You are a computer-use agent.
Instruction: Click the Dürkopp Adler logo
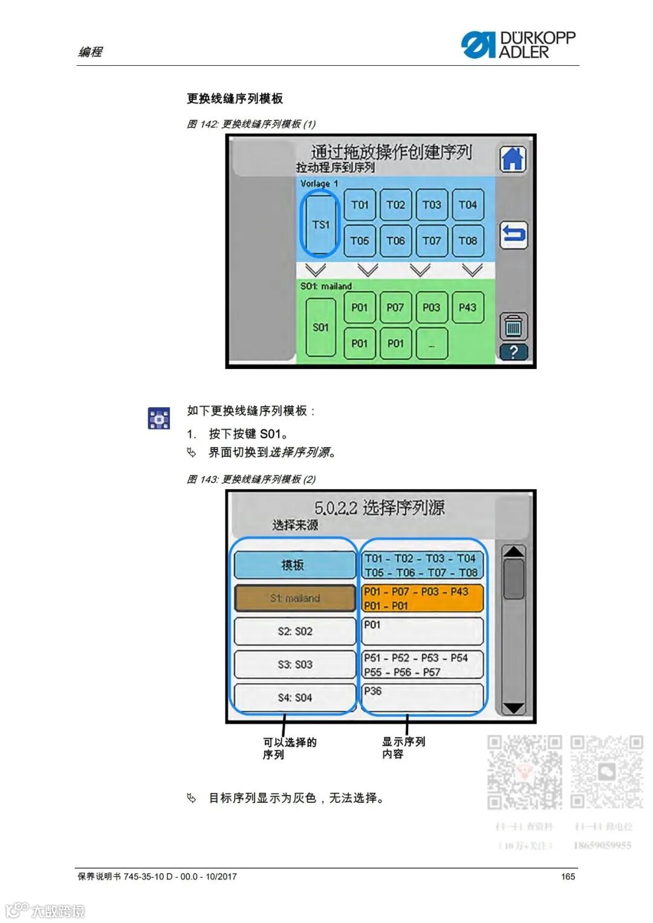[518, 45]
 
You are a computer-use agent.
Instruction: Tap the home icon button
[513, 159]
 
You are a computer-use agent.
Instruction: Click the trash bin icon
[513, 326]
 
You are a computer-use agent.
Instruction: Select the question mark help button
[513, 352]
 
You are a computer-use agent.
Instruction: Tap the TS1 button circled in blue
[320, 224]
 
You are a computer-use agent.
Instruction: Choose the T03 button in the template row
[431, 205]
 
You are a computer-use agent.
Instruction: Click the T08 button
[467, 240]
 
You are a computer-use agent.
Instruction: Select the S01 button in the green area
[320, 327]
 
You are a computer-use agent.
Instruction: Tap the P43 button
[467, 307]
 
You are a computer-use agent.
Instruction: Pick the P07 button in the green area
[395, 307]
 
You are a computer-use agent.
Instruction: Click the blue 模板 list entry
[294, 565]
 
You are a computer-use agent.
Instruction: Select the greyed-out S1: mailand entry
[294, 598]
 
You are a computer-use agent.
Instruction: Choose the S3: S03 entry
[294, 664]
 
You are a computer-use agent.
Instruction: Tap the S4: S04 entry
[294, 698]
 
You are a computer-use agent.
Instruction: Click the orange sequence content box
[423, 598]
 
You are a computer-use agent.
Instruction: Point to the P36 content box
[423, 698]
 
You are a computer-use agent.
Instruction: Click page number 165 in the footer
[568, 876]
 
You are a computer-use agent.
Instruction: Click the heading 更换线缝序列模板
[235, 98]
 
